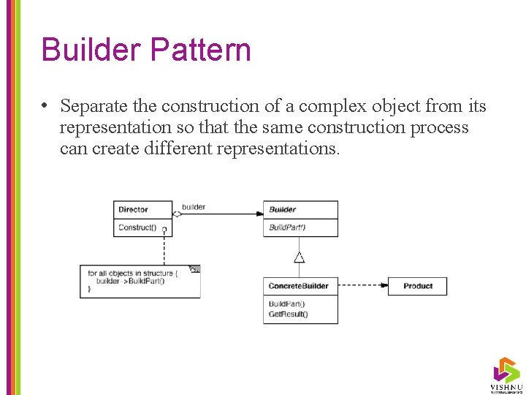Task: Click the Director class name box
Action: tap(142, 210)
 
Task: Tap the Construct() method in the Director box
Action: tap(137, 227)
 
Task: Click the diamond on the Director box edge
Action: tap(177, 214)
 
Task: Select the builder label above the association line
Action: tap(194, 207)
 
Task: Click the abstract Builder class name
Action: tap(283, 210)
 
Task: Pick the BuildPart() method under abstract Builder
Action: tap(287, 227)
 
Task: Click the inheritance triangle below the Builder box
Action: tap(299, 257)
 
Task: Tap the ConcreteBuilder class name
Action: tap(299, 286)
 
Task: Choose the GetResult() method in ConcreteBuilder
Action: tap(289, 315)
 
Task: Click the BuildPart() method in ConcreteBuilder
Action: tap(287, 304)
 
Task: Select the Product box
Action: tap(417, 286)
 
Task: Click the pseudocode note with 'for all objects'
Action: tap(139, 282)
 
